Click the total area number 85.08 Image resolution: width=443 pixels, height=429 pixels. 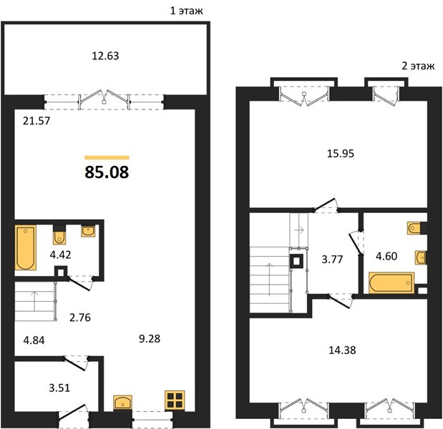tap(107, 172)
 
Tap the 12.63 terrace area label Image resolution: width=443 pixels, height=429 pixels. tap(105, 56)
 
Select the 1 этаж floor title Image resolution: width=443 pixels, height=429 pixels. tap(186, 11)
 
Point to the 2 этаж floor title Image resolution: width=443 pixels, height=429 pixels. tap(418, 66)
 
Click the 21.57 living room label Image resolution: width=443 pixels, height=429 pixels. tap(36, 121)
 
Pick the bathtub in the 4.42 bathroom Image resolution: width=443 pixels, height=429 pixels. tap(26, 247)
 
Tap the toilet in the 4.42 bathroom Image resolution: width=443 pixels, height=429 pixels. tap(59, 237)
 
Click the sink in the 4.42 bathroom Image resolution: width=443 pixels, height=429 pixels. tap(88, 230)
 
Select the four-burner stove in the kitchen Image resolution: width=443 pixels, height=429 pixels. tap(175, 400)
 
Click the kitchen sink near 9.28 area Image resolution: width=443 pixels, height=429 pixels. tap(122, 402)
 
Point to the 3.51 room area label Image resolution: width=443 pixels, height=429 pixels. tap(59, 388)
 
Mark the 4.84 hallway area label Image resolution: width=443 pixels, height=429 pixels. tap(34, 340)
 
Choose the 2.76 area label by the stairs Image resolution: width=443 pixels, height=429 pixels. tap(80, 317)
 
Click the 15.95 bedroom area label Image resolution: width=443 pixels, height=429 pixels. tap(341, 154)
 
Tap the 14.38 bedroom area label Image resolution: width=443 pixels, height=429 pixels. tap(342, 350)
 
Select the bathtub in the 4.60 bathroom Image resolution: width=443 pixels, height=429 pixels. tap(391, 283)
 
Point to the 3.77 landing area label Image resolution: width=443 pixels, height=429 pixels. tap(332, 259)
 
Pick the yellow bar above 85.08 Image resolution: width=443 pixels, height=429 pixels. tap(107, 158)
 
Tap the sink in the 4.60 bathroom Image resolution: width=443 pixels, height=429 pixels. tap(421, 257)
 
